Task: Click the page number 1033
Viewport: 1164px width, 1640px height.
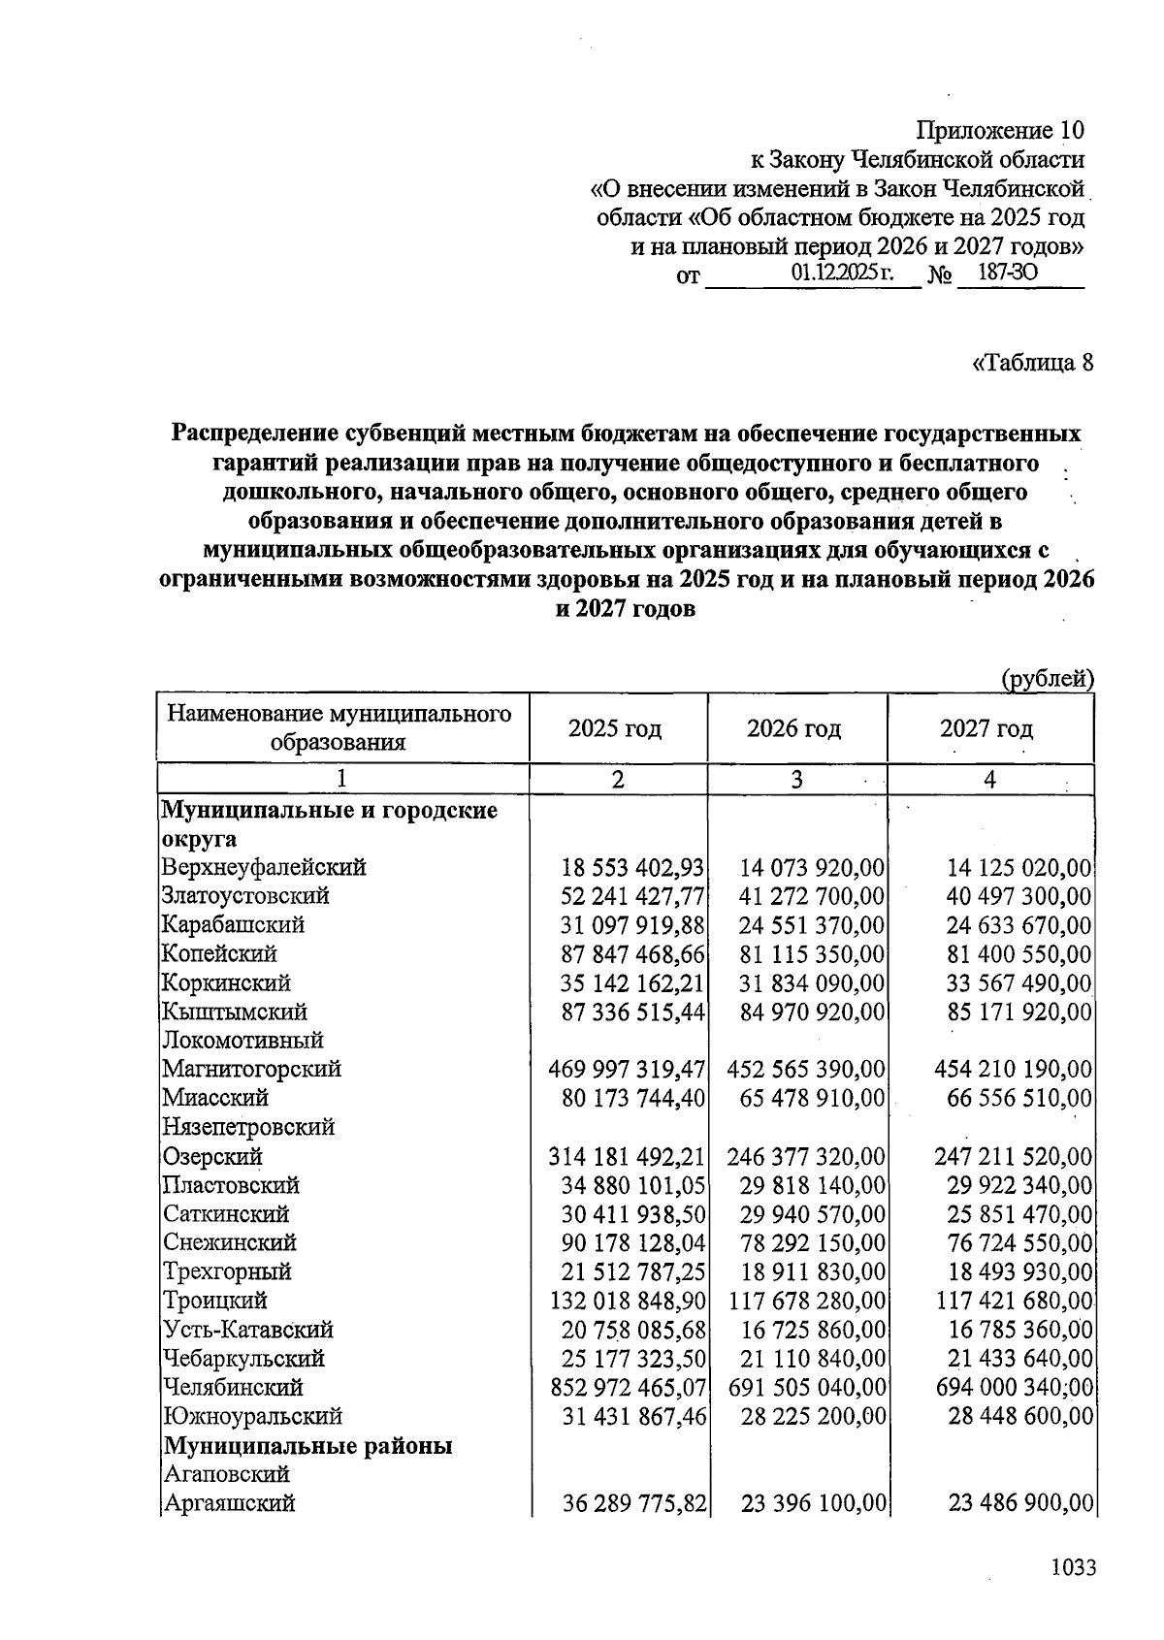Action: pyautogui.click(x=1073, y=1567)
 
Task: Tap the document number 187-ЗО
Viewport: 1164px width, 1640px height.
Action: pyautogui.click(x=1008, y=273)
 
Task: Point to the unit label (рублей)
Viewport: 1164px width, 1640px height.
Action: pyautogui.click(x=1047, y=679)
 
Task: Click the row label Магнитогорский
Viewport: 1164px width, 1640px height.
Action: pyautogui.click(x=251, y=1069)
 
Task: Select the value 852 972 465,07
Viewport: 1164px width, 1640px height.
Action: pyautogui.click(x=628, y=1387)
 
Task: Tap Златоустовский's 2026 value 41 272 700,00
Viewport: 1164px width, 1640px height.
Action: pyautogui.click(x=811, y=896)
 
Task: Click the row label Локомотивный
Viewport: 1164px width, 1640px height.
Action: pyautogui.click(x=242, y=1040)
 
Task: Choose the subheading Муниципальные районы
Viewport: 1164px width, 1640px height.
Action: pyautogui.click(x=307, y=1446)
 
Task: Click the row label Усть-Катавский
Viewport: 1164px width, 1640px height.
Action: pyautogui.click(x=248, y=1329)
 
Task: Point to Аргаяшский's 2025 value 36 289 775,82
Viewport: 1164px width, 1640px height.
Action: pyautogui.click(x=633, y=1503)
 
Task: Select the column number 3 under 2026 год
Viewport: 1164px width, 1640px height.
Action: pyautogui.click(x=796, y=780)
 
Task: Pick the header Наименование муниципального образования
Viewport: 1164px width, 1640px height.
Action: pyautogui.click(x=339, y=728)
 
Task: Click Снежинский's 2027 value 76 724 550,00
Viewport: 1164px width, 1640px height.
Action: pyautogui.click(x=1018, y=1242)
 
